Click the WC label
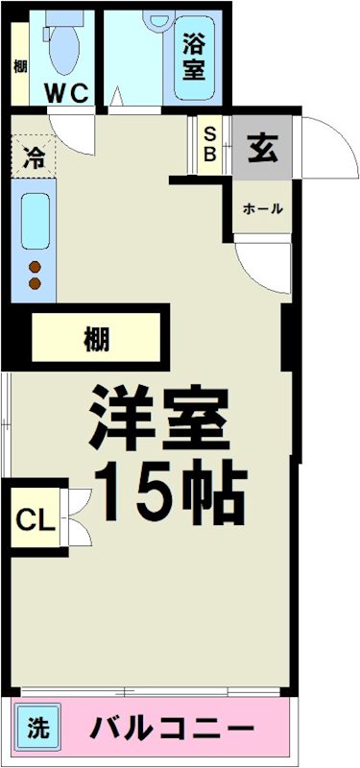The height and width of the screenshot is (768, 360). point(68,93)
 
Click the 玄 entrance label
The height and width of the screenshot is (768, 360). point(261,148)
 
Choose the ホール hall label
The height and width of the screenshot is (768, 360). point(262,208)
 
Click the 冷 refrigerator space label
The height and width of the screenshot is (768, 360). point(33,156)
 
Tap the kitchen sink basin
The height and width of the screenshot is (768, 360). point(36,221)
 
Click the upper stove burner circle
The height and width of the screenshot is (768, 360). point(36,267)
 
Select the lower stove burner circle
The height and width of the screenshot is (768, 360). point(36,283)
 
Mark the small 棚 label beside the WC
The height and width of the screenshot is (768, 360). point(19,66)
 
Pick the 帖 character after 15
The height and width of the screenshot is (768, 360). point(216,493)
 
